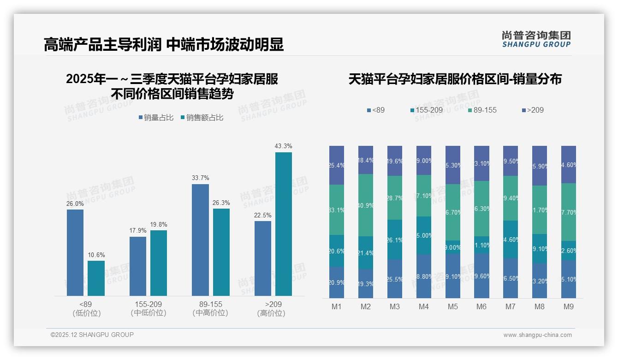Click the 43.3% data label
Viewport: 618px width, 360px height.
click(283, 146)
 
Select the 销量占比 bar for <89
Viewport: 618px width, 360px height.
click(75, 252)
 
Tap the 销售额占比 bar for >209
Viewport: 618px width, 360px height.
click(283, 224)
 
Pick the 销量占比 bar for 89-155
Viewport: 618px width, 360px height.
click(200, 240)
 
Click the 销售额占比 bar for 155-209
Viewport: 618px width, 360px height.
click(159, 263)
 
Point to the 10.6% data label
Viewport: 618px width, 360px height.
click(96, 255)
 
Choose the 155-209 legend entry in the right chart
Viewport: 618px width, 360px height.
click(427, 110)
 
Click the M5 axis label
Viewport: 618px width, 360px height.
click(453, 307)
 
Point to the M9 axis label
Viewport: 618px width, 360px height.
click(569, 307)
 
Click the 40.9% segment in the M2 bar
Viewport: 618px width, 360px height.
click(366, 205)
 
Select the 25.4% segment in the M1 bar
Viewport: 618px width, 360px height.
click(337, 165)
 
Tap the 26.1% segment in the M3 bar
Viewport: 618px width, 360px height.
click(395, 240)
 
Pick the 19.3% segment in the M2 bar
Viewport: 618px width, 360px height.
click(366, 284)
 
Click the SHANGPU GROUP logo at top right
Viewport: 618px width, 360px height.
click(536, 39)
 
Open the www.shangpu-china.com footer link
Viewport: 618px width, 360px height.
click(537, 335)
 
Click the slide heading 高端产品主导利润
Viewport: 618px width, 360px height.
click(102, 44)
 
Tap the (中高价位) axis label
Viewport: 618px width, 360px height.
click(210, 313)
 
